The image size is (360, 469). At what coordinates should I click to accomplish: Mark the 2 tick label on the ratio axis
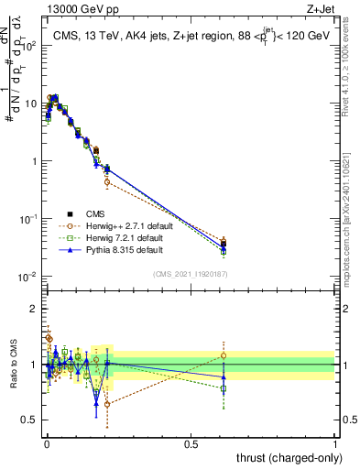34,309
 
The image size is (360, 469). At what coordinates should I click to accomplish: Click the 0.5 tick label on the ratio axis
30,421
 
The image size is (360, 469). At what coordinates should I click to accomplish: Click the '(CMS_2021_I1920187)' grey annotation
190,274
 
